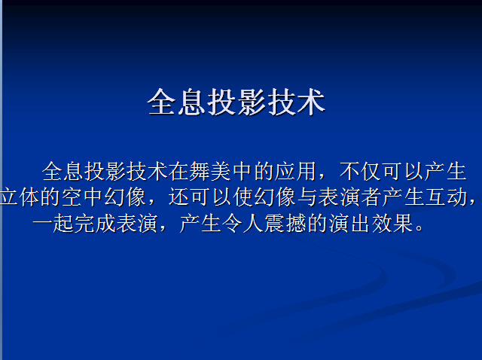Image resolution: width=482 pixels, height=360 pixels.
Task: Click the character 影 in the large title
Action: coord(251,102)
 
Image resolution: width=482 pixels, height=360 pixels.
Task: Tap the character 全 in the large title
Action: coord(161,102)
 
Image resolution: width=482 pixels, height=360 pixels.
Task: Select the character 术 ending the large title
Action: coord(311,102)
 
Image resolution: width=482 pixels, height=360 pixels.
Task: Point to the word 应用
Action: coord(295,171)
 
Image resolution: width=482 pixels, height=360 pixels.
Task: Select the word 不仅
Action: coord(360,171)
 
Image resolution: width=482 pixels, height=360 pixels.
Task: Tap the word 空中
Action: coord(82,197)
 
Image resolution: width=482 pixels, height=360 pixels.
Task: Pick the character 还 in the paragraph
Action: coord(178,197)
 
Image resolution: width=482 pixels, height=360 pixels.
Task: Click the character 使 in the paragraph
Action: coord(243,197)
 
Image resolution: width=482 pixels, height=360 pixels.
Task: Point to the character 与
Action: coord(307,197)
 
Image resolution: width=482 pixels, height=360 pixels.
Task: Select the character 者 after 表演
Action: coord(371,197)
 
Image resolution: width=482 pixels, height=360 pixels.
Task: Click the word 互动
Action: coord(446,197)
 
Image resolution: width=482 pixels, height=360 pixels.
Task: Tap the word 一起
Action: coord(53,223)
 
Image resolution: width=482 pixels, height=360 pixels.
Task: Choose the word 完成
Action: coord(95,223)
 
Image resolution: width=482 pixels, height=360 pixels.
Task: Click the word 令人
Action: coord(243,223)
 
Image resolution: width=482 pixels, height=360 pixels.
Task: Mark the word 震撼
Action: coord(285,223)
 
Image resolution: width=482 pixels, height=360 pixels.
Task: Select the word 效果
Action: coord(392,223)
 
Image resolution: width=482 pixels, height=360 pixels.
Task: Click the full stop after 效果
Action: coord(419,229)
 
